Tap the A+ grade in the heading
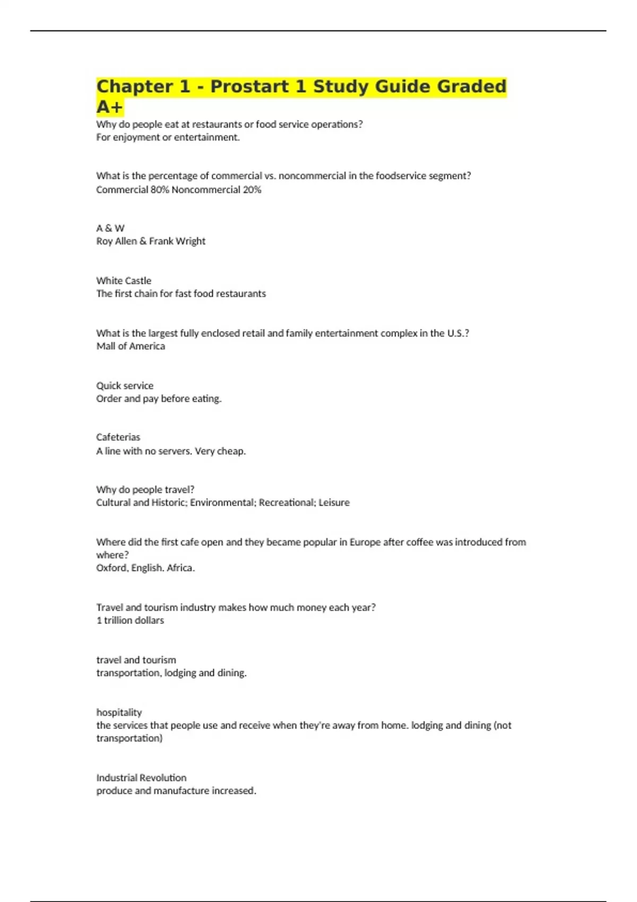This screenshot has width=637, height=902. point(109,107)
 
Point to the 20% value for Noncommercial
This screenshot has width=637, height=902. point(252,189)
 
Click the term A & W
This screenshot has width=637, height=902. point(110,228)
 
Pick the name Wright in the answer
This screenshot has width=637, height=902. point(191,241)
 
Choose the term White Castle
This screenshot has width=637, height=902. point(124,281)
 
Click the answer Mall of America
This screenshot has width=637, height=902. point(131,346)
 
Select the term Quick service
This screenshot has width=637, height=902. point(125,386)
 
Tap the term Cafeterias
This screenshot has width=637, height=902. point(118,437)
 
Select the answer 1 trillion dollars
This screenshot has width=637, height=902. point(130,620)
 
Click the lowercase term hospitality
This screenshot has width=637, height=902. point(119,712)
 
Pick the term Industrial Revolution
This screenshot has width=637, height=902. point(141,778)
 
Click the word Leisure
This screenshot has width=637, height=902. point(334,502)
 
